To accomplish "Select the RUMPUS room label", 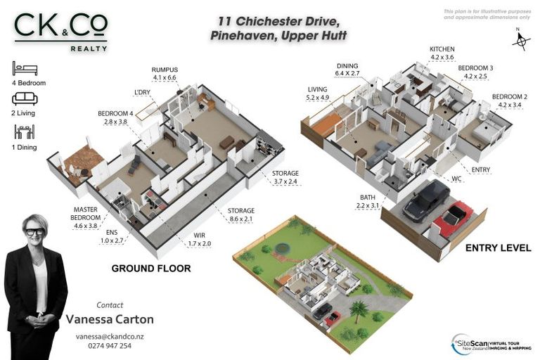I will [x=165, y=74].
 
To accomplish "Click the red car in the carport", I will [x=452, y=218].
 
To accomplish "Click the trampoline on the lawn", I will [x=281, y=247].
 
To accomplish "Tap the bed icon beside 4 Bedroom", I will [x=24, y=69].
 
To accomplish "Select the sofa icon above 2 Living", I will [x=24, y=99].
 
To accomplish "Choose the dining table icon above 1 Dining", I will [x=24, y=131].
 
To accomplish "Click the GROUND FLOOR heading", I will [x=150, y=269].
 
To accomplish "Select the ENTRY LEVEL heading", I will [x=498, y=248].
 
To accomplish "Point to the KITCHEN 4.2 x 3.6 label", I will [x=442, y=53].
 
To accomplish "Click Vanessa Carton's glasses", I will [x=34, y=231].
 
